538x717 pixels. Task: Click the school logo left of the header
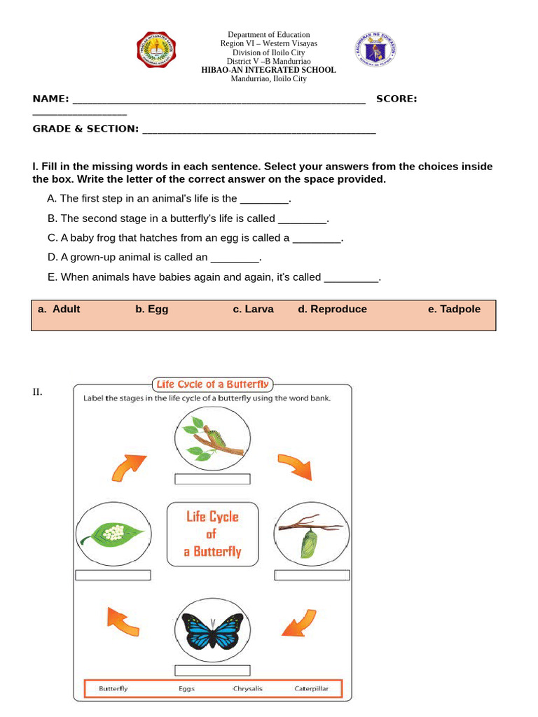[156, 51]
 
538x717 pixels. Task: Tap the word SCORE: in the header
[396, 99]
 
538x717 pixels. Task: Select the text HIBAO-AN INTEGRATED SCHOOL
[268, 70]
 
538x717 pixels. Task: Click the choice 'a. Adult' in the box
[59, 309]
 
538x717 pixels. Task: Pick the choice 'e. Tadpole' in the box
[454, 309]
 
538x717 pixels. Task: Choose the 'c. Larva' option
[253, 309]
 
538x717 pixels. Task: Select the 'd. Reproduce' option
[332, 309]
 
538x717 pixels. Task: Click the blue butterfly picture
[212, 631]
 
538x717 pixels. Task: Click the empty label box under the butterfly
[212, 670]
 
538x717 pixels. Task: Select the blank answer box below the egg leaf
[113, 575]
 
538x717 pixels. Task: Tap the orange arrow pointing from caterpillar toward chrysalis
[294, 466]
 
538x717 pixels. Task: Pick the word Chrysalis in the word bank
[247, 688]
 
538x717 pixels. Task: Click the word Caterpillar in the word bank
[311, 688]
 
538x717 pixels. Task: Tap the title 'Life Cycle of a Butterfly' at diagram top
[212, 384]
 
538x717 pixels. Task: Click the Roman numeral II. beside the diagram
[37, 392]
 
